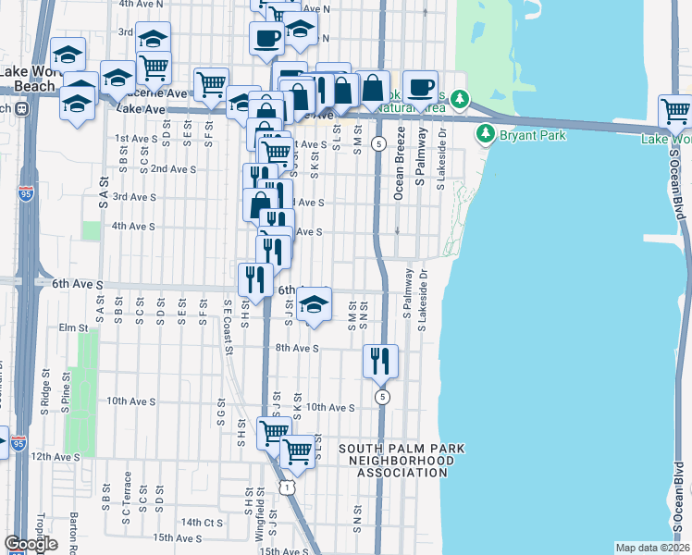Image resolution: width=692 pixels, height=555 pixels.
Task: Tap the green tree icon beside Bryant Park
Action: (485, 135)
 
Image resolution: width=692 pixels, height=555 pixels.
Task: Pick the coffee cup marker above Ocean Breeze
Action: (420, 87)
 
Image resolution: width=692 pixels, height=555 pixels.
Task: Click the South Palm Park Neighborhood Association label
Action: (402, 461)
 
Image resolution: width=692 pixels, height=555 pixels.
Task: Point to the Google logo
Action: (31, 544)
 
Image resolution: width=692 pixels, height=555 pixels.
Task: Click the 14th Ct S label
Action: (203, 523)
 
